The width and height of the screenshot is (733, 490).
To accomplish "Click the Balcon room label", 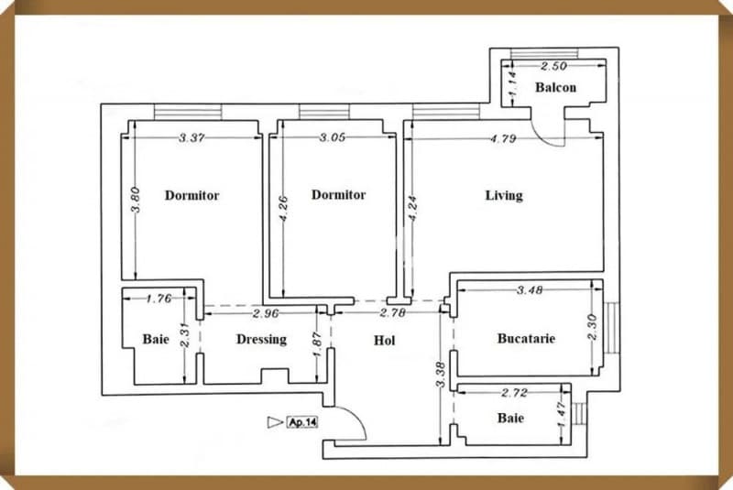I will (556, 88).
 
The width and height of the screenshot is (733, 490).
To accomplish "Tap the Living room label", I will (504, 195).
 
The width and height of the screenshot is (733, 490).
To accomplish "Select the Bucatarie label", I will (526, 338).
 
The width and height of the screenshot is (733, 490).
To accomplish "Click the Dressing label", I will (261, 339).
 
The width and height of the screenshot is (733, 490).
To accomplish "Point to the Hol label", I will (385, 341).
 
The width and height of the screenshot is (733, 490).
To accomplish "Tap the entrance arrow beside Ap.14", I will (274, 422).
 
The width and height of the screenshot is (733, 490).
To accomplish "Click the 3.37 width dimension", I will (191, 138).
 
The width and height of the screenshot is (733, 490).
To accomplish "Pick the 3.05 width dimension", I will (332, 138).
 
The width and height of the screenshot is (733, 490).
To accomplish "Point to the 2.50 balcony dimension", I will (554, 67).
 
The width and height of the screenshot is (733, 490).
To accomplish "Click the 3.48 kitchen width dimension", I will (530, 290).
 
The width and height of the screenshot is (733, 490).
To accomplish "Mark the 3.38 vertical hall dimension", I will (442, 374).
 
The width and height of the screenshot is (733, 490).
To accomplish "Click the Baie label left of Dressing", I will (156, 339).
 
